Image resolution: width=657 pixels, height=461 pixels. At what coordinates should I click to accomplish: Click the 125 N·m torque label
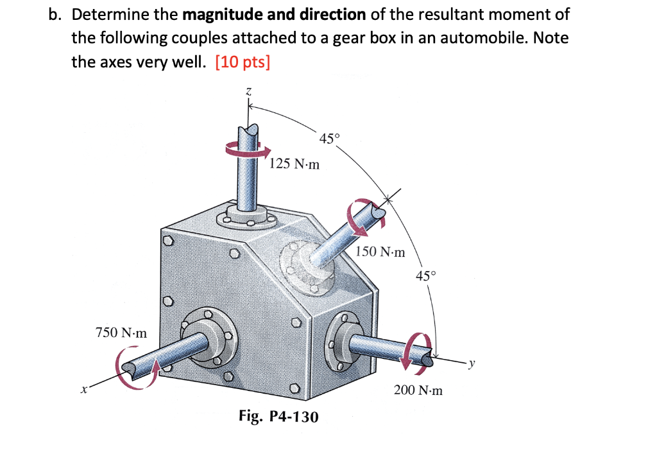coord(294,164)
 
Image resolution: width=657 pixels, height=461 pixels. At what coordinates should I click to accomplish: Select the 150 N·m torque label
coord(380,252)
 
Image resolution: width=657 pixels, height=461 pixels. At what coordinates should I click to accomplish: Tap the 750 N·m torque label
coord(121,333)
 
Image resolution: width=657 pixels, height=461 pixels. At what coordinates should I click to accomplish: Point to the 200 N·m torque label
coord(418,390)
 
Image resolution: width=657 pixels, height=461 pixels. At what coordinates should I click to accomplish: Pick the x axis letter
coord(83,388)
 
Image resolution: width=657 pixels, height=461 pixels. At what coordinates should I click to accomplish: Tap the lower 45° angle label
coord(425,276)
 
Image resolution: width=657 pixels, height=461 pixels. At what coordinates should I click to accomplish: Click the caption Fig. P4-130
coord(278,417)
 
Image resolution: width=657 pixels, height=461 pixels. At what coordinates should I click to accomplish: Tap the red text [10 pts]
coord(243,63)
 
